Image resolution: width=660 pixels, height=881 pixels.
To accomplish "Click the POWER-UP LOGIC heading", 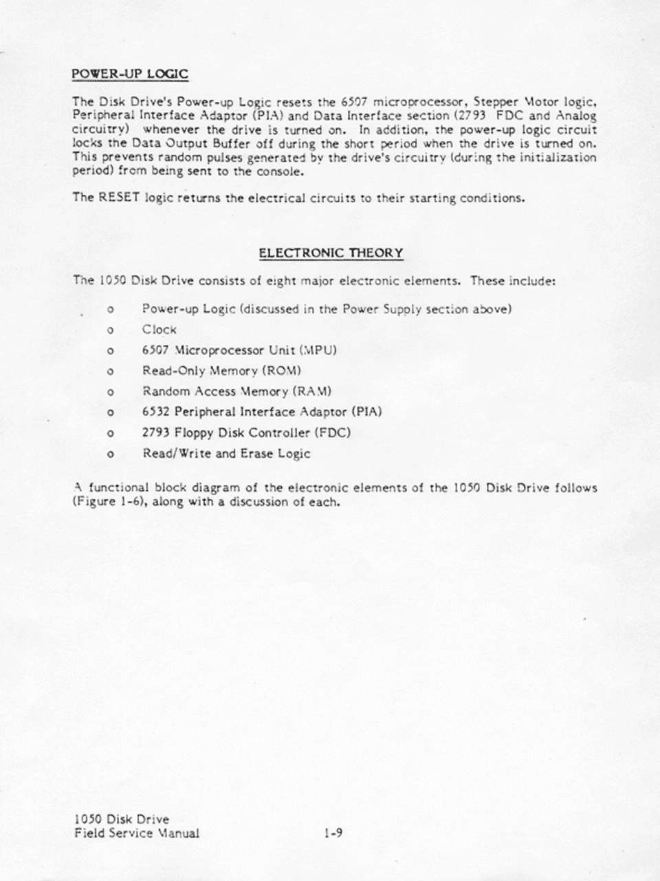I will (x=130, y=74).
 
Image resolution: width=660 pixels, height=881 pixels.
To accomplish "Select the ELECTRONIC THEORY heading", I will (x=331, y=253).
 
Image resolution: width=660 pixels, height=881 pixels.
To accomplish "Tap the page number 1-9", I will (x=333, y=834).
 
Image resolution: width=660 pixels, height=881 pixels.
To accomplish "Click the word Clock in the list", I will (x=159, y=330).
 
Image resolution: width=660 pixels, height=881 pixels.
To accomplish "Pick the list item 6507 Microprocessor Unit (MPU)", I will (x=239, y=350).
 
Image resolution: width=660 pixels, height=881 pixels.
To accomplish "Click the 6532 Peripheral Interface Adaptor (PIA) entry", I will (x=261, y=412).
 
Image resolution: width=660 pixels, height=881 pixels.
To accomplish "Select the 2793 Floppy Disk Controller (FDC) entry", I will (x=246, y=433).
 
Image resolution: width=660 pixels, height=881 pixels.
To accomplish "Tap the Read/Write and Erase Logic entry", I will (x=226, y=454).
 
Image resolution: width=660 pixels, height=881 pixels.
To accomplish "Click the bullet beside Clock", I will (x=110, y=330).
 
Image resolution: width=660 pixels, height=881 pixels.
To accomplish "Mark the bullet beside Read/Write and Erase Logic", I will (x=110, y=454).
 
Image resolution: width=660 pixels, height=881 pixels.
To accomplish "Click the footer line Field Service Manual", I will (x=136, y=834).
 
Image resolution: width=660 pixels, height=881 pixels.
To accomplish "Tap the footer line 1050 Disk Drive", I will (x=121, y=820).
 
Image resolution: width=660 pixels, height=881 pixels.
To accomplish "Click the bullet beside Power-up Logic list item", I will (x=110, y=310).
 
